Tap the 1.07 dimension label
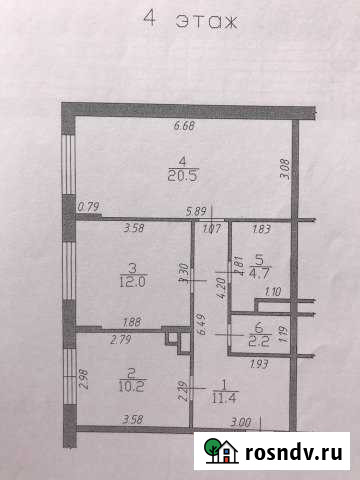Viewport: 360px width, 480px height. pyautogui.click(x=211, y=229)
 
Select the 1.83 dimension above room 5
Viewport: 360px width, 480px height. pyautogui.click(x=262, y=229)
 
